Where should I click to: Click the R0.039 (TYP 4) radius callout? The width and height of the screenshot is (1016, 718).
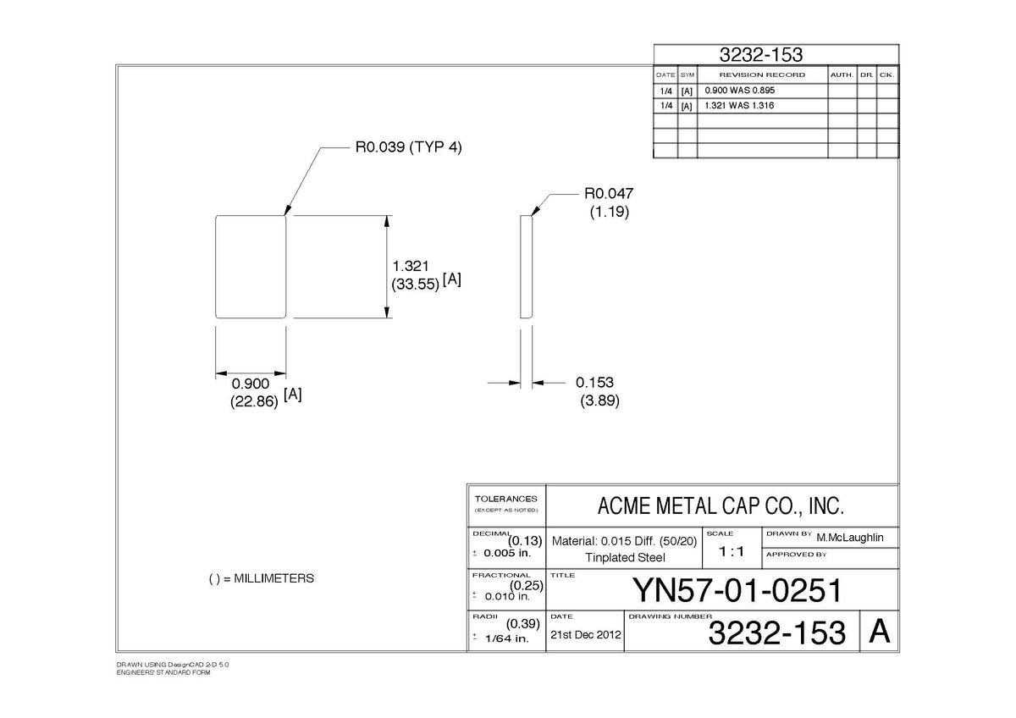[x=408, y=147]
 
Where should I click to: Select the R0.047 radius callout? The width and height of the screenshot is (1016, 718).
[x=609, y=194]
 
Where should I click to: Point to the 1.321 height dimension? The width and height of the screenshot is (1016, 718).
[x=410, y=266]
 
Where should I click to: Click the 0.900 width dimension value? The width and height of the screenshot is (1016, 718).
[x=251, y=384]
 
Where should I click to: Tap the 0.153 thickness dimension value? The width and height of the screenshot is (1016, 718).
[x=594, y=383]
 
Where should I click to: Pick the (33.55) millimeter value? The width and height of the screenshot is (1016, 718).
[x=416, y=284]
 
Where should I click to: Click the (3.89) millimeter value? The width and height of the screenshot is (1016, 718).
[x=599, y=401]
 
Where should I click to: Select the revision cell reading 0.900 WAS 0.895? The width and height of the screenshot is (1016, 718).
[x=740, y=91]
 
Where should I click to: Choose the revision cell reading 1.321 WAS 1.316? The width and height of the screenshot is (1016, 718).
[x=739, y=106]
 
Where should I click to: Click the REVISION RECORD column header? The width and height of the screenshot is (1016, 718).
[x=763, y=75]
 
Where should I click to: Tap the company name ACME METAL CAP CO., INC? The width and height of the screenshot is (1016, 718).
[x=721, y=506]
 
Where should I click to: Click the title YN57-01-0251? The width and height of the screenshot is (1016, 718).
[x=737, y=590]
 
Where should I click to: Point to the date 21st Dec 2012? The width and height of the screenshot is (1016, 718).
[x=586, y=634]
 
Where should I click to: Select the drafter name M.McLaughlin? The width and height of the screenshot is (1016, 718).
[x=850, y=538]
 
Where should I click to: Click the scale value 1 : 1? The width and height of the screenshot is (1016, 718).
[x=732, y=551]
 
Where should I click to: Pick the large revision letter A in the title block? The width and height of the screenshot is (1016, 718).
[x=880, y=631]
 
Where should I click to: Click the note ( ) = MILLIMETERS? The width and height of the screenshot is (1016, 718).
[x=262, y=578]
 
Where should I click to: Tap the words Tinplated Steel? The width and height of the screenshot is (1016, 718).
[x=625, y=557]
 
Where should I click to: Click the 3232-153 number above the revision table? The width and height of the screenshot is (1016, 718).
[x=761, y=55]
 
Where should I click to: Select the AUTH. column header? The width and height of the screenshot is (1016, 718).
[x=842, y=75]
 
